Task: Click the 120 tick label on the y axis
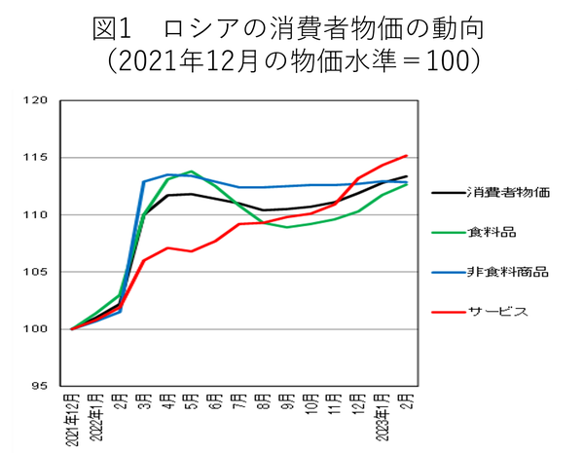coord(36,100)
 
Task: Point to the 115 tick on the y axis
coord(36,158)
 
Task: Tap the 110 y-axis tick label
coord(36,214)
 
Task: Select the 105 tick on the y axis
coord(36,272)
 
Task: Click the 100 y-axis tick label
coord(36,329)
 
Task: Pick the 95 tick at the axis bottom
coord(39,386)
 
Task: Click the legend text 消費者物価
coord(508,191)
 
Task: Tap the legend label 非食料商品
coord(508,273)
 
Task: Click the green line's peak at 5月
coord(192,171)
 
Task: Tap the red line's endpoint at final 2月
coord(406,155)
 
